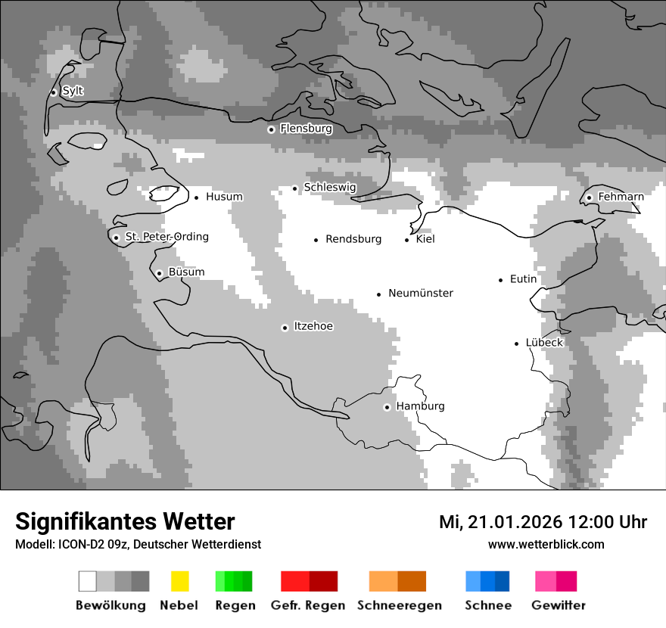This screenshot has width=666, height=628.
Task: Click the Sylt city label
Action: [73, 92]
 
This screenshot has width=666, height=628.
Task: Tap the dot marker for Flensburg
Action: [271, 129]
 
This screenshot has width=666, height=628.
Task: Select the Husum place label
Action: [224, 197]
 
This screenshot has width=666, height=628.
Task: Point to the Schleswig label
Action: [329, 188]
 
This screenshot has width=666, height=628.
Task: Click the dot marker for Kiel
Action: [407, 240]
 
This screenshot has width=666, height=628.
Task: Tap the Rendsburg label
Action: [353, 239]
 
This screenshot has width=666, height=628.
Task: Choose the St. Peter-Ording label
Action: [166, 237]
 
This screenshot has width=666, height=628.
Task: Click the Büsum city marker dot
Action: [159, 273]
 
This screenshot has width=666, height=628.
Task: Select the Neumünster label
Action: [421, 293]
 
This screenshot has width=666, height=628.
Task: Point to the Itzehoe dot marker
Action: [285, 328]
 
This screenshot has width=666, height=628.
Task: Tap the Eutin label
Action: [523, 279]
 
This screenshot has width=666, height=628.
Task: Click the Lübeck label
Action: [544, 343]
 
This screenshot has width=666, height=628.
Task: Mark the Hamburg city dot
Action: [387, 407]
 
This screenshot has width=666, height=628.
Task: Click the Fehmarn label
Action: [621, 197]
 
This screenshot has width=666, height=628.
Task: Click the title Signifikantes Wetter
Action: [125, 521]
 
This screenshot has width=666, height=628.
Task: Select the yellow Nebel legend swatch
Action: [179, 581]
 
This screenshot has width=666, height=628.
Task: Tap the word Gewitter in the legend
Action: [558, 605]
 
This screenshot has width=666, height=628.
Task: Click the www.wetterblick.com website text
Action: [546, 544]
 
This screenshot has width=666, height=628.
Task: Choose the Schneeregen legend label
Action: [399, 605]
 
